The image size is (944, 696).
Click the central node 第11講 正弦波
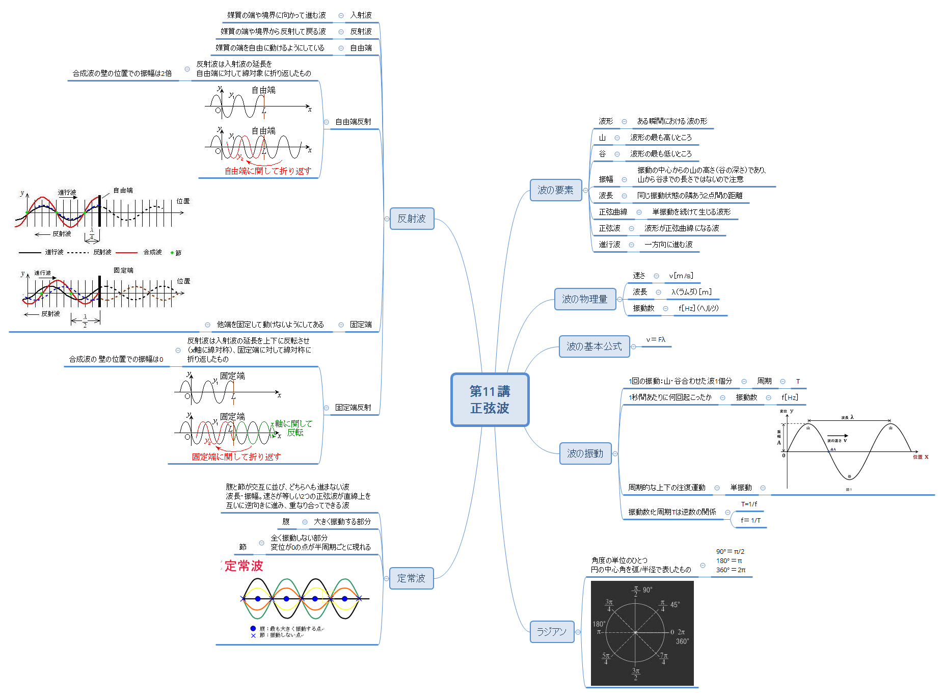click(490, 399)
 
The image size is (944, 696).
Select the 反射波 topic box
click(412, 219)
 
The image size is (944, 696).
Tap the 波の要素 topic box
click(555, 190)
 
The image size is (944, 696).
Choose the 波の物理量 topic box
click(584, 299)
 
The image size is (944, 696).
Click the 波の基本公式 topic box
click(594, 346)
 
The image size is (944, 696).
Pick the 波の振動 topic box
click(585, 453)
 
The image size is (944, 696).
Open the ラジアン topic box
click(552, 632)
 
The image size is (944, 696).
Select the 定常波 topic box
click(411, 578)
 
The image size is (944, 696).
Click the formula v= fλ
click(656, 340)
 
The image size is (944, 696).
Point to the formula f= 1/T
click(750, 520)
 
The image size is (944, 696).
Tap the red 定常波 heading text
click(244, 566)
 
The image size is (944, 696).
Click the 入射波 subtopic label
click(361, 15)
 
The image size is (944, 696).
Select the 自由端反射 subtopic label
click(353, 122)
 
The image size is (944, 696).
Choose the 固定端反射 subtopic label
click(353, 408)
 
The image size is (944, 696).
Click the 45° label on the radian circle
click(675, 605)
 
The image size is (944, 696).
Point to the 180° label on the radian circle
click(599, 624)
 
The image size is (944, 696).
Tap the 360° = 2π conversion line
click(731, 570)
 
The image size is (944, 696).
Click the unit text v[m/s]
click(681, 276)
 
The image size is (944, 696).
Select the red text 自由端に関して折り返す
click(267, 171)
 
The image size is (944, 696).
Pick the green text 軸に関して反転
click(294, 428)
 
